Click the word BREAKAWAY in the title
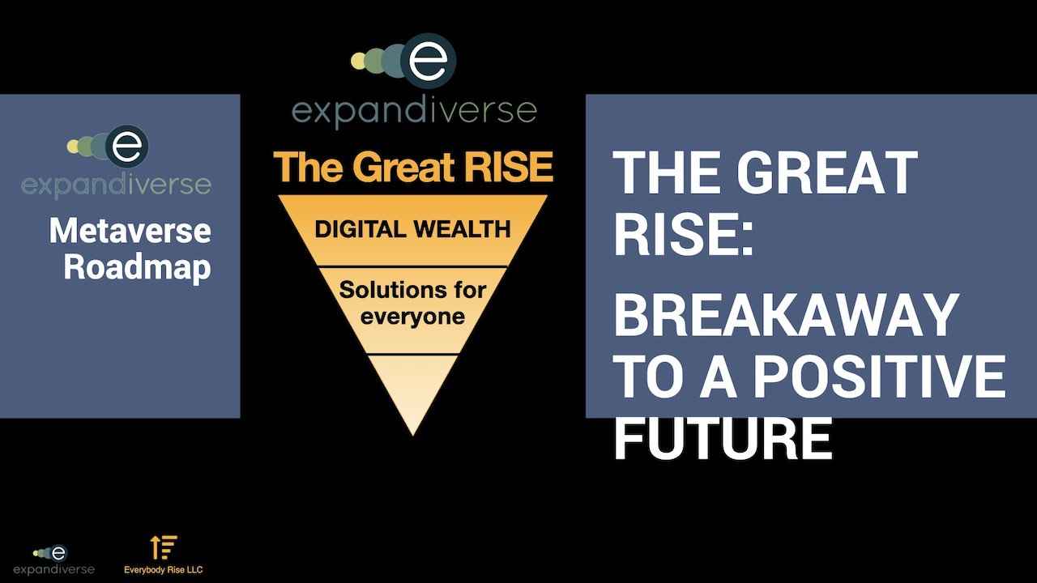pos(786,315)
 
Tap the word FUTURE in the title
pos(723,437)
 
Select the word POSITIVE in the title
pos(880,377)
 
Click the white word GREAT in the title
pos(827,172)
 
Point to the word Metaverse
pos(130,231)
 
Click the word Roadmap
pos(137,267)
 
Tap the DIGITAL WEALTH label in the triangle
pos(412,229)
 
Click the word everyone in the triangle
pos(412,317)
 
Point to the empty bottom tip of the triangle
pos(413,435)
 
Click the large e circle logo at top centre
pos(429,61)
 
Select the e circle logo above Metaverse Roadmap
pos(127,147)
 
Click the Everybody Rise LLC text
pos(164,569)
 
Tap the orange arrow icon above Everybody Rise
pos(164,547)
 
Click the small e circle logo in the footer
pos(58,553)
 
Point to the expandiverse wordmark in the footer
pos(53,569)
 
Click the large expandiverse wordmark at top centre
pos(414,112)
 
